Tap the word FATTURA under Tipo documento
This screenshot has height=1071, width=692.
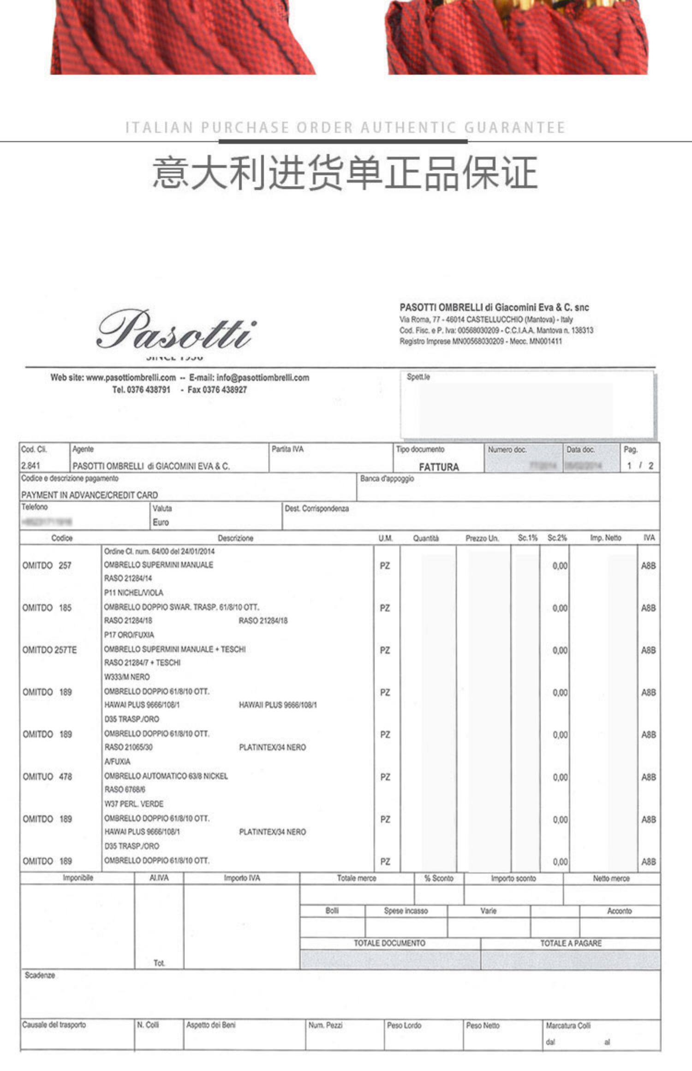pyautogui.click(x=439, y=467)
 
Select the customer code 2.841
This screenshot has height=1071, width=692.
pyautogui.click(x=30, y=465)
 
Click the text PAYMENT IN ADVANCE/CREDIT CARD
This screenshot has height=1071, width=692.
pyautogui.click(x=89, y=495)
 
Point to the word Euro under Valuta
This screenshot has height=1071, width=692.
pyautogui.click(x=161, y=522)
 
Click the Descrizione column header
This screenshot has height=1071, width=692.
pyautogui.click(x=235, y=538)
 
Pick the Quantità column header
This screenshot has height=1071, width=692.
pyautogui.click(x=426, y=538)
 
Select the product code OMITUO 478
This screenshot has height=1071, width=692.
pyautogui.click(x=47, y=777)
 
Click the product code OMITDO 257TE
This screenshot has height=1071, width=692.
pyautogui.click(x=49, y=650)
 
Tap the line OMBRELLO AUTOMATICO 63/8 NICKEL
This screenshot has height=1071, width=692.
pyautogui.click(x=166, y=776)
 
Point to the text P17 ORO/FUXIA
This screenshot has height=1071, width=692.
pyautogui.click(x=129, y=635)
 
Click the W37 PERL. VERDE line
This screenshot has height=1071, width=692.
pyautogui.click(x=134, y=804)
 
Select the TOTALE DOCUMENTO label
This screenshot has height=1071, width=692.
pyautogui.click(x=389, y=943)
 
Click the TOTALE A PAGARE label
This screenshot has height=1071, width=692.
pyautogui.click(x=571, y=943)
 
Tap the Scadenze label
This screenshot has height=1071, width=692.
pyautogui.click(x=40, y=975)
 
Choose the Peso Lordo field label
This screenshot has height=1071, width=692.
pyautogui.click(x=404, y=1025)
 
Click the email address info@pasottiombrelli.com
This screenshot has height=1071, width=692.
pyautogui.click(x=262, y=378)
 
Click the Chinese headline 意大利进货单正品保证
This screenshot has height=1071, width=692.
pyautogui.click(x=345, y=173)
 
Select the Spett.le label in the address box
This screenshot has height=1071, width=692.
pyautogui.click(x=418, y=377)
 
